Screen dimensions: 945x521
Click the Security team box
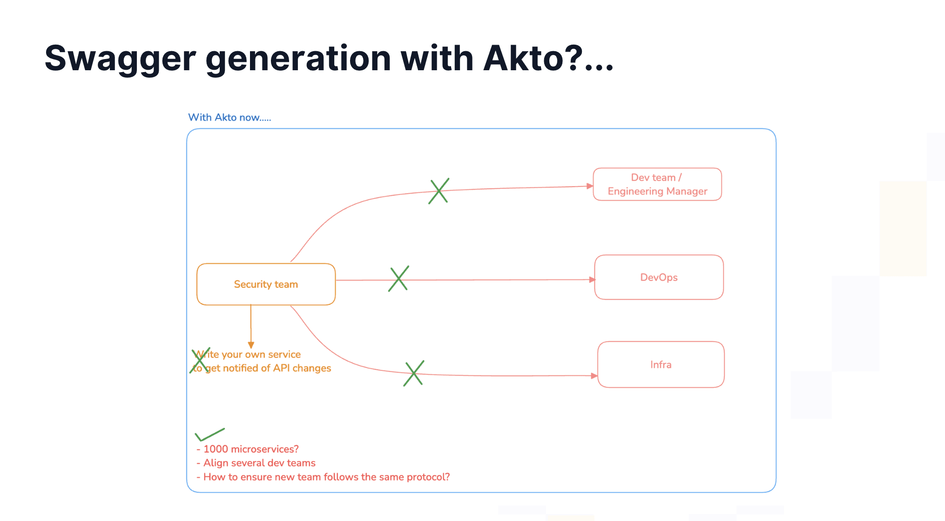pos(266,284)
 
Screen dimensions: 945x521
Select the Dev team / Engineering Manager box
pos(657,184)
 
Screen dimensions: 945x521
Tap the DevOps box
pos(659,277)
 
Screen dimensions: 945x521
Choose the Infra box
pos(661,365)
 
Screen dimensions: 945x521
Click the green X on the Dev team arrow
pos(439,191)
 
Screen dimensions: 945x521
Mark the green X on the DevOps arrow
pos(398,279)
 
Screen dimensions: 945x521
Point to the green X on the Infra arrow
pos(413,373)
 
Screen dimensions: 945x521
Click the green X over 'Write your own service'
pos(200,360)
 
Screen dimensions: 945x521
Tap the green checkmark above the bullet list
pos(209,434)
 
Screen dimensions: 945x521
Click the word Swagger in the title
pos(121,59)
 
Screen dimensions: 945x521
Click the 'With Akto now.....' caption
pos(229,117)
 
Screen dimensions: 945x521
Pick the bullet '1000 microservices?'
pos(248,449)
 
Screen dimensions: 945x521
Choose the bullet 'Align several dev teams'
pos(256,463)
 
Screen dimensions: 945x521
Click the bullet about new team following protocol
pos(323,477)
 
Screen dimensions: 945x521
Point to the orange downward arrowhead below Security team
pos(251,345)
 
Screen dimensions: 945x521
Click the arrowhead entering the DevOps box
pos(592,280)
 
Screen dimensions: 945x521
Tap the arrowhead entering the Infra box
pos(594,375)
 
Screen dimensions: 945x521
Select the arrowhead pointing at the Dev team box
pos(590,186)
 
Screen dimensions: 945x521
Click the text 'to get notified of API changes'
pos(262,368)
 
